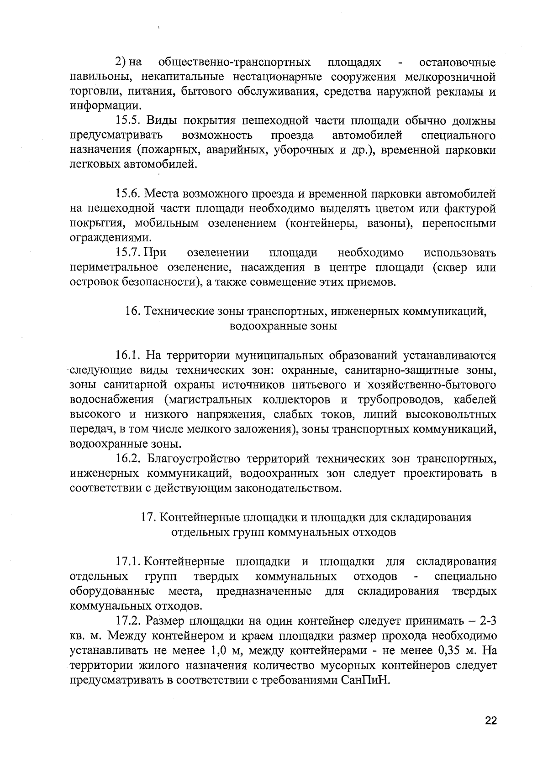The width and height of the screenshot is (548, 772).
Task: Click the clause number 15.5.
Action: click(130, 121)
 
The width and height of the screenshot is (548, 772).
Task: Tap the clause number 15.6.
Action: click(130, 194)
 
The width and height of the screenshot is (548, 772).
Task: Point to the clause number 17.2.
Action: click(130, 621)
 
